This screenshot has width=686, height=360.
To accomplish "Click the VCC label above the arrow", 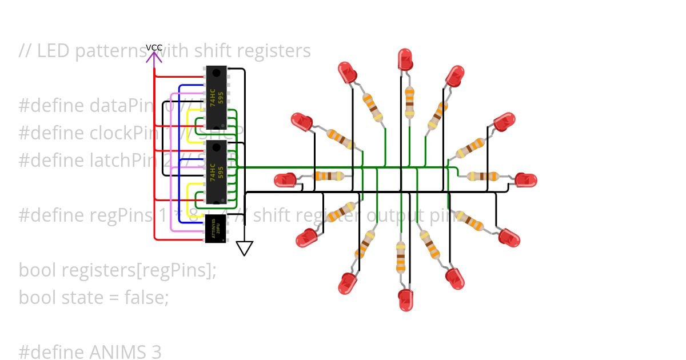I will [x=154, y=47].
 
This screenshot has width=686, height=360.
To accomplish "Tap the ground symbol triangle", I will [x=245, y=248].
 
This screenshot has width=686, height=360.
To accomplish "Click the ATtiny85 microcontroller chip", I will [x=216, y=229].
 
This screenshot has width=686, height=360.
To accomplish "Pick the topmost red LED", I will [x=405, y=59].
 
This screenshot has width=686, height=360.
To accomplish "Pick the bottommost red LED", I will [x=405, y=299].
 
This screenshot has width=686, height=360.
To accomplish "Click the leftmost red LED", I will [x=285, y=180].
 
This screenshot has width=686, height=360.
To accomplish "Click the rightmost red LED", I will [x=525, y=180].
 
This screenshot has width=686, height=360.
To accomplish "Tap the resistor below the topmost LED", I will [x=409, y=101].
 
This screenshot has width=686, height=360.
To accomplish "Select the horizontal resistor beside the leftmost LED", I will [x=329, y=176].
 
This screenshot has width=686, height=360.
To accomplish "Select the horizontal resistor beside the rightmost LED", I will [x=482, y=176].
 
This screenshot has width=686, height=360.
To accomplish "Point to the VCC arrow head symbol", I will [x=154, y=57].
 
